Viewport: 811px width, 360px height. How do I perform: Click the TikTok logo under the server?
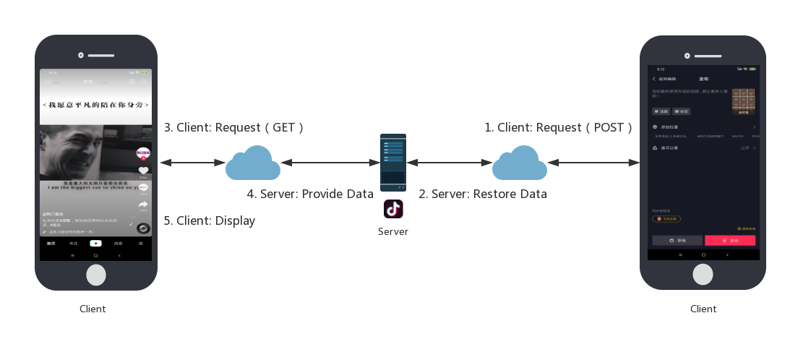393,210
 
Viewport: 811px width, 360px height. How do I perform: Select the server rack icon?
393,162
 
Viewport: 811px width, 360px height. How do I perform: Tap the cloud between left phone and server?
253,163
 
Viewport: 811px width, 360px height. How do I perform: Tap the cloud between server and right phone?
520,163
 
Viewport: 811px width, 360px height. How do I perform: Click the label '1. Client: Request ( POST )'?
558,127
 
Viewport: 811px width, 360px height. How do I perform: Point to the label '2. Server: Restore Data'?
483,194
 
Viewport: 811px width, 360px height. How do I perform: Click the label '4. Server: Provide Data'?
310,194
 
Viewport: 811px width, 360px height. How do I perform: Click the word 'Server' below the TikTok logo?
393,232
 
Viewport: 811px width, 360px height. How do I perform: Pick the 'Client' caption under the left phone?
93,309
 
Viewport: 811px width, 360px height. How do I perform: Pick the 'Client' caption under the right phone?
703,309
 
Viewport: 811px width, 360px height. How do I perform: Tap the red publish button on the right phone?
730,240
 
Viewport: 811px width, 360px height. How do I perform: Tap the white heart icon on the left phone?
143,171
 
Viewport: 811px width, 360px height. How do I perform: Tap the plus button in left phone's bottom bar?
95,244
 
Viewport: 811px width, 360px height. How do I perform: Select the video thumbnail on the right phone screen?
743,102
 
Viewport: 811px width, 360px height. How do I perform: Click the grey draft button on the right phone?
677,240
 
